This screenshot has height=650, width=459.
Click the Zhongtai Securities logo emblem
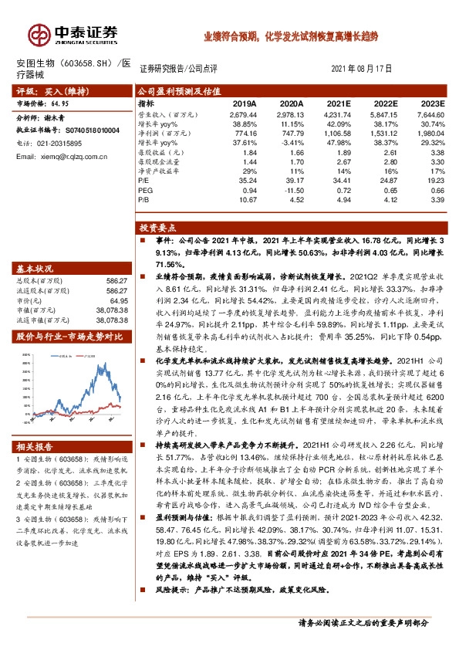[36, 33]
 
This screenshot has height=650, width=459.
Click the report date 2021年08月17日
[367, 69]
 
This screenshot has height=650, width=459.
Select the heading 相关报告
[35, 447]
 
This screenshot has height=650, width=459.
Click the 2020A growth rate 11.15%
[291, 124]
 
